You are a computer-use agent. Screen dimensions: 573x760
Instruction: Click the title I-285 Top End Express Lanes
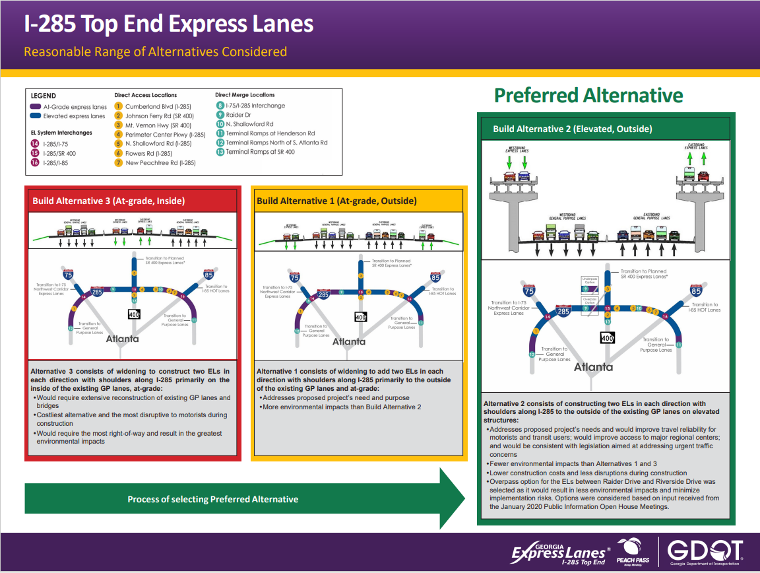point(168,24)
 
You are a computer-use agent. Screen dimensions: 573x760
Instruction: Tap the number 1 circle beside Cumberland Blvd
point(119,106)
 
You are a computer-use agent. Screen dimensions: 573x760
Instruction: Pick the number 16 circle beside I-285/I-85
point(35,162)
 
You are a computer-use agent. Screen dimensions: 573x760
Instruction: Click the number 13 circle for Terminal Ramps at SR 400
point(220,152)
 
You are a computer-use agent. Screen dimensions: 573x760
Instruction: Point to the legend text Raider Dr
point(239,115)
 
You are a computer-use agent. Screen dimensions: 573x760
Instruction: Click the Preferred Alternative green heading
point(588,95)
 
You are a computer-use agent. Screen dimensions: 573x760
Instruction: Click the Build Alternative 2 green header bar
point(604,129)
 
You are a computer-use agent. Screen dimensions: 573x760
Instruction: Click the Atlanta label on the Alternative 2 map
point(593,367)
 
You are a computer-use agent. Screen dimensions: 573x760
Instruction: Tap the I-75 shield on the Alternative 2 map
point(528,290)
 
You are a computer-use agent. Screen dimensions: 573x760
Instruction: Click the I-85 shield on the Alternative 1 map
point(435,277)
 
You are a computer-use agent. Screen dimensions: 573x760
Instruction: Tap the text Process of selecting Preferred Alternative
point(212,499)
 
